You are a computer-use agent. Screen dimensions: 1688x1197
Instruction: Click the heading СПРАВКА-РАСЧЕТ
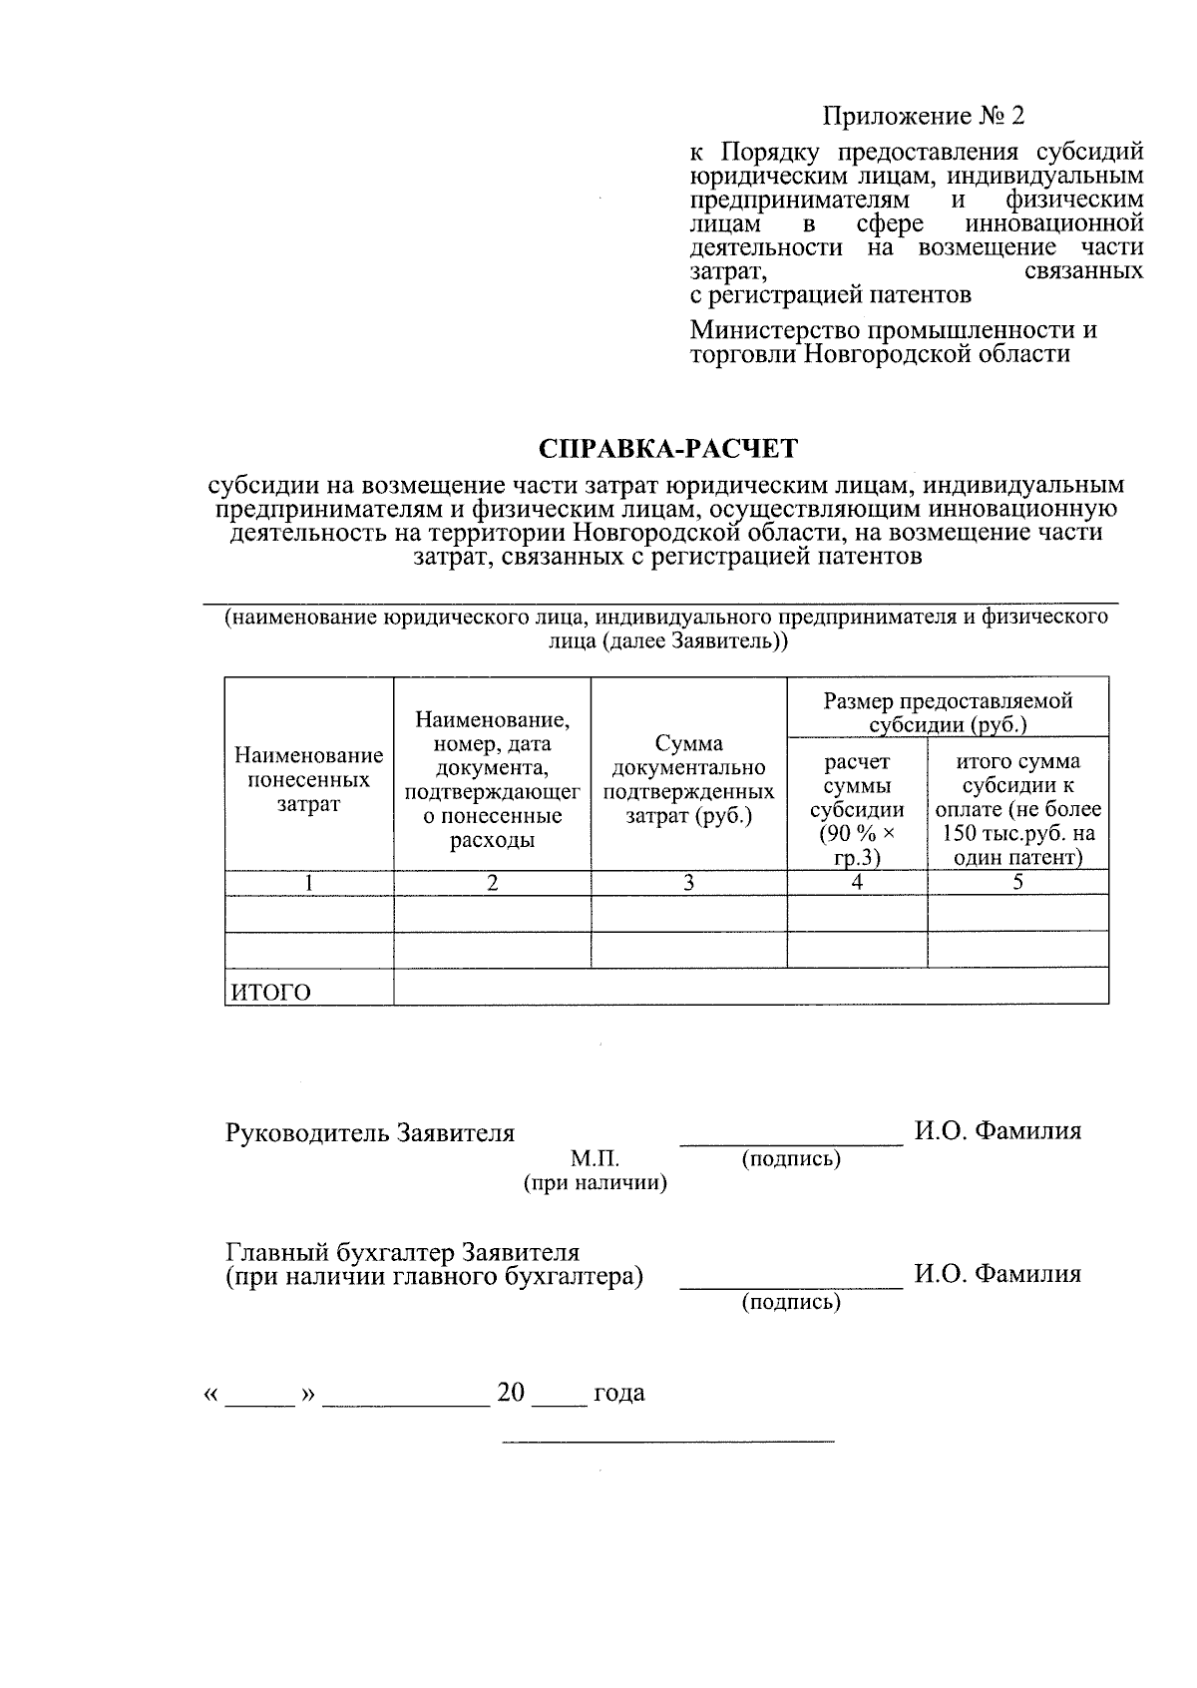(x=668, y=449)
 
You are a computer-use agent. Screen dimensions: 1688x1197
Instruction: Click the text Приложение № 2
(x=923, y=117)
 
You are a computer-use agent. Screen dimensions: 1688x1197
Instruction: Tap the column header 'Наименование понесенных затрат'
(x=309, y=780)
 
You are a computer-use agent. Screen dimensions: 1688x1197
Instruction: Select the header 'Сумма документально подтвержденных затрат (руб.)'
(x=688, y=780)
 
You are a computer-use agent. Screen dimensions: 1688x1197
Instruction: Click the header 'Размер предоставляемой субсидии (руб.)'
(x=948, y=712)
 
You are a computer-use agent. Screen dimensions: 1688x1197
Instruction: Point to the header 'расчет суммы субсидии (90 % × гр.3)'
(x=857, y=808)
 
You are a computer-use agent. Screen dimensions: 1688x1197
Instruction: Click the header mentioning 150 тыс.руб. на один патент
(x=1017, y=808)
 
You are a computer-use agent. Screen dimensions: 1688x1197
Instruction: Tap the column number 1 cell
(x=309, y=883)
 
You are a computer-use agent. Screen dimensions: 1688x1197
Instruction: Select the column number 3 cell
(x=688, y=883)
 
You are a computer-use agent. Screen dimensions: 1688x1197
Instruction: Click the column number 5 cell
(x=1017, y=883)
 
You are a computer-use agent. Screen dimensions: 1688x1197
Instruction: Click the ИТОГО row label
(x=271, y=993)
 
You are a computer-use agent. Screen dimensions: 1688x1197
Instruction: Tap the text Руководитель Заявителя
(x=370, y=1133)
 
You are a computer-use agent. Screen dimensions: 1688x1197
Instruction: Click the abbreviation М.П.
(x=595, y=1159)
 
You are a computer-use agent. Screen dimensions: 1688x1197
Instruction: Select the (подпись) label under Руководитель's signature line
(x=791, y=1159)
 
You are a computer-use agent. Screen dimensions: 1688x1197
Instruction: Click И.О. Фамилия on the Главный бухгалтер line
(x=997, y=1275)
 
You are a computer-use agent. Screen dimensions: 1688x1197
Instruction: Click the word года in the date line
(x=618, y=1393)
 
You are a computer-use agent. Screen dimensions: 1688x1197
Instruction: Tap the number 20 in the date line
(x=511, y=1393)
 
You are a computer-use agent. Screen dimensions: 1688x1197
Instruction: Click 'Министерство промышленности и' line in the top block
(x=894, y=330)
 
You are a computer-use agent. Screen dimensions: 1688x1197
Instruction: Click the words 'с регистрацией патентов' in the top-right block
(x=831, y=295)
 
